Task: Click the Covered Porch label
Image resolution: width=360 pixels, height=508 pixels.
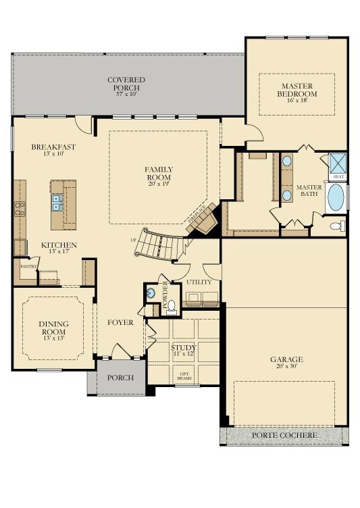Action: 126,80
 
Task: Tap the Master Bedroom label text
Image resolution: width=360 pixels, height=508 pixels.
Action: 298,89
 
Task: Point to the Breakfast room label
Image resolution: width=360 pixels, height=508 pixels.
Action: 53,147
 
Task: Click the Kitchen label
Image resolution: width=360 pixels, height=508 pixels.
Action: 59,245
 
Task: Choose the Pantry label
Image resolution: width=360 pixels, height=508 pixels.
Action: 28,267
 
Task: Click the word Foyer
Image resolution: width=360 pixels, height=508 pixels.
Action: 120,322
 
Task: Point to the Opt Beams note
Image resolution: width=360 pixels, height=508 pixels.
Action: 184,376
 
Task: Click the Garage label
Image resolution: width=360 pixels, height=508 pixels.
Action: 286,359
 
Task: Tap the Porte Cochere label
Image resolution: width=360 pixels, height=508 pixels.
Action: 284,436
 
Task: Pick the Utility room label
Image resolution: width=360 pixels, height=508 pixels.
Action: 199,282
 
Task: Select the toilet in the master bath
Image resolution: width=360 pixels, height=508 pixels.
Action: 336,226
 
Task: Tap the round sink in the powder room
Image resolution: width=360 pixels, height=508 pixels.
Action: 150,293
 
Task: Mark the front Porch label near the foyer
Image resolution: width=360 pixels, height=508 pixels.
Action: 120,378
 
